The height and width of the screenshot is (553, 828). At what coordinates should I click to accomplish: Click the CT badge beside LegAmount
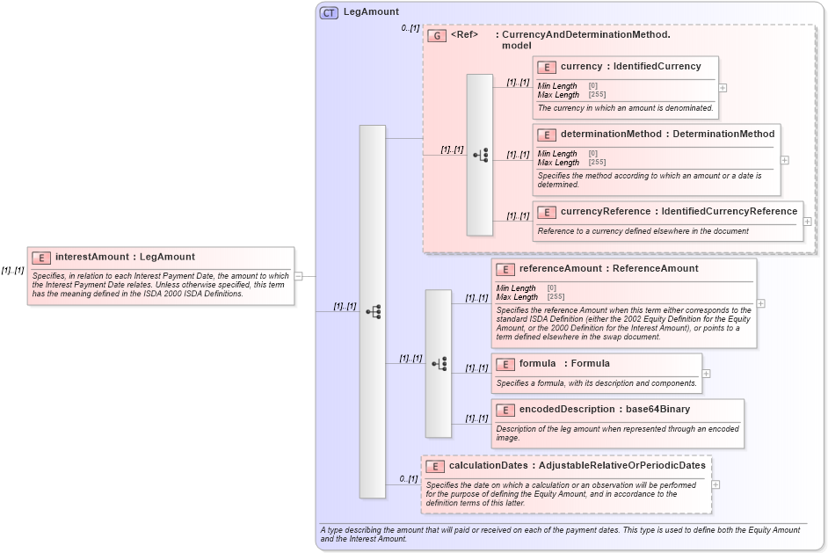(329, 12)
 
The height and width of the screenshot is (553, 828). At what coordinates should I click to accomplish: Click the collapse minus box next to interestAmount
(299, 275)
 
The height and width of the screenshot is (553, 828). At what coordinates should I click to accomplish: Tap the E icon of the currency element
(547, 67)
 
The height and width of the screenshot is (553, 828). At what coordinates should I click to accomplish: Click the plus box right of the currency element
(723, 88)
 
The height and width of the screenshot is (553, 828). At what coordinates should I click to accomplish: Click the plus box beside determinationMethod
(785, 160)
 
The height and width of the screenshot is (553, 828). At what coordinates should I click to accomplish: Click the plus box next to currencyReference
(808, 222)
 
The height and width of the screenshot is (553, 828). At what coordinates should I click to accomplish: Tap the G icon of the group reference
(436, 35)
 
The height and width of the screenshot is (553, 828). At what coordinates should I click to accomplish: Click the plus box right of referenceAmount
(760, 303)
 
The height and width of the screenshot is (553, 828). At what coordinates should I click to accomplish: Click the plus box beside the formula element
(706, 374)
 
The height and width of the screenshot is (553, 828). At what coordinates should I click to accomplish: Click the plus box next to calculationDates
(715, 484)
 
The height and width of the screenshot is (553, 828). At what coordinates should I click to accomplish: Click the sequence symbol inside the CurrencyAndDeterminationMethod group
(480, 155)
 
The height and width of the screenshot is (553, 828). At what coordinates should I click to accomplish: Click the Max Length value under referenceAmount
(555, 297)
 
